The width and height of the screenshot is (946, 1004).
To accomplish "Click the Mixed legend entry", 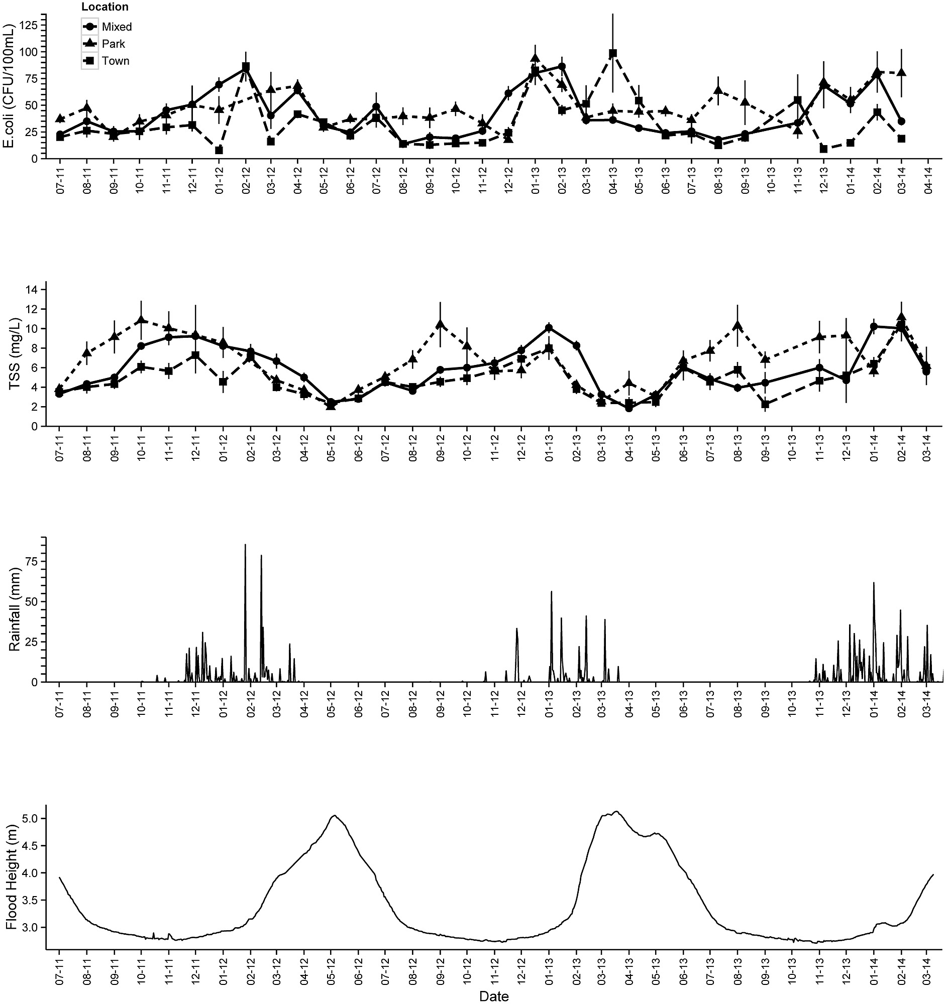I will click(x=116, y=27).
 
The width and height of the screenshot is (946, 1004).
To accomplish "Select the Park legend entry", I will click(x=113, y=44).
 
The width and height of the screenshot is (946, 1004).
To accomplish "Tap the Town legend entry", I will click(x=115, y=61).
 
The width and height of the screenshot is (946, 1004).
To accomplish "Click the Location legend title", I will click(x=104, y=7).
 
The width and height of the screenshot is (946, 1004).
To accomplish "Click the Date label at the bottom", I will click(x=494, y=996).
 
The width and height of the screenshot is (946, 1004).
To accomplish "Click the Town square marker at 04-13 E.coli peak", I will click(x=613, y=53).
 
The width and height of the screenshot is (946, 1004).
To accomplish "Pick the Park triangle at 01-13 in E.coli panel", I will click(x=535, y=58).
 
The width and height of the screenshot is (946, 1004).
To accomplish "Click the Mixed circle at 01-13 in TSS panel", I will click(x=548, y=328).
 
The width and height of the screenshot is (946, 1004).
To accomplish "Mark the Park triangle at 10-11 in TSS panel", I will click(x=142, y=320).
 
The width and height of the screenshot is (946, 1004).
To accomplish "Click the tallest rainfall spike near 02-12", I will click(x=245, y=545).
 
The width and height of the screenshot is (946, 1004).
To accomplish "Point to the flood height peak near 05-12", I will click(x=334, y=815).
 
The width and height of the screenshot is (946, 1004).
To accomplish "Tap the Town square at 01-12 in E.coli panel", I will click(x=219, y=150).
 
